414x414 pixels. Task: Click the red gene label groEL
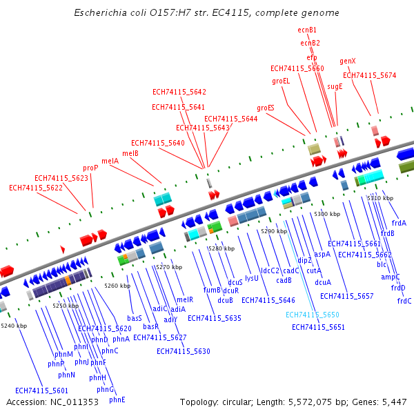click(x=281, y=81)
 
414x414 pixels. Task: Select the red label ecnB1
click(x=307, y=30)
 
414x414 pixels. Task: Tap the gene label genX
click(x=348, y=61)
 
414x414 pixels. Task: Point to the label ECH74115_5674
click(x=370, y=75)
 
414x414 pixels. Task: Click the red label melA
click(x=110, y=161)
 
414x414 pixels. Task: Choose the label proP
click(x=90, y=168)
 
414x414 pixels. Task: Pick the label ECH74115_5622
click(x=36, y=188)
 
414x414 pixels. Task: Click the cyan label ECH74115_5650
click(x=313, y=315)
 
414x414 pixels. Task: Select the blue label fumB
click(x=212, y=290)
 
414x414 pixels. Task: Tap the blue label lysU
click(x=252, y=278)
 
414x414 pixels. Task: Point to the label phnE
click(x=117, y=400)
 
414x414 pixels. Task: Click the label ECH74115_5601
click(x=42, y=391)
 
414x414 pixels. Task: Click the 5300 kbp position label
click(x=326, y=214)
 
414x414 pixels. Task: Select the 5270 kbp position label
click(x=169, y=267)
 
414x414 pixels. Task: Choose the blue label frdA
click(x=399, y=223)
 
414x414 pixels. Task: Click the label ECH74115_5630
click(x=183, y=351)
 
